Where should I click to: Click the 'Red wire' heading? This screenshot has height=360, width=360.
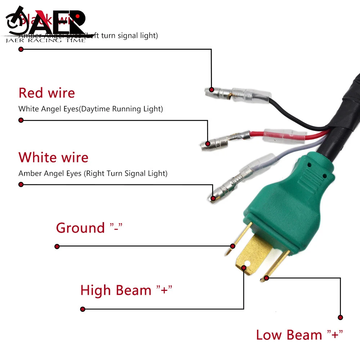(x=46, y=93)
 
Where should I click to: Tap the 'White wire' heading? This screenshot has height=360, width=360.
(x=53, y=158)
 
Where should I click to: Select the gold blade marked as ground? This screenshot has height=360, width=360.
(x=238, y=239)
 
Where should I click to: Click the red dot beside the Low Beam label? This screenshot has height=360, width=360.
(x=340, y=318)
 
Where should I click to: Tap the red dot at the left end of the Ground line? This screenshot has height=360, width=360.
(x=57, y=247)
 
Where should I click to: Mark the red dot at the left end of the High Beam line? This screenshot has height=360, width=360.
(x=82, y=309)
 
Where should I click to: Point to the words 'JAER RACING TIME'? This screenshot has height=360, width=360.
(x=46, y=40)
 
